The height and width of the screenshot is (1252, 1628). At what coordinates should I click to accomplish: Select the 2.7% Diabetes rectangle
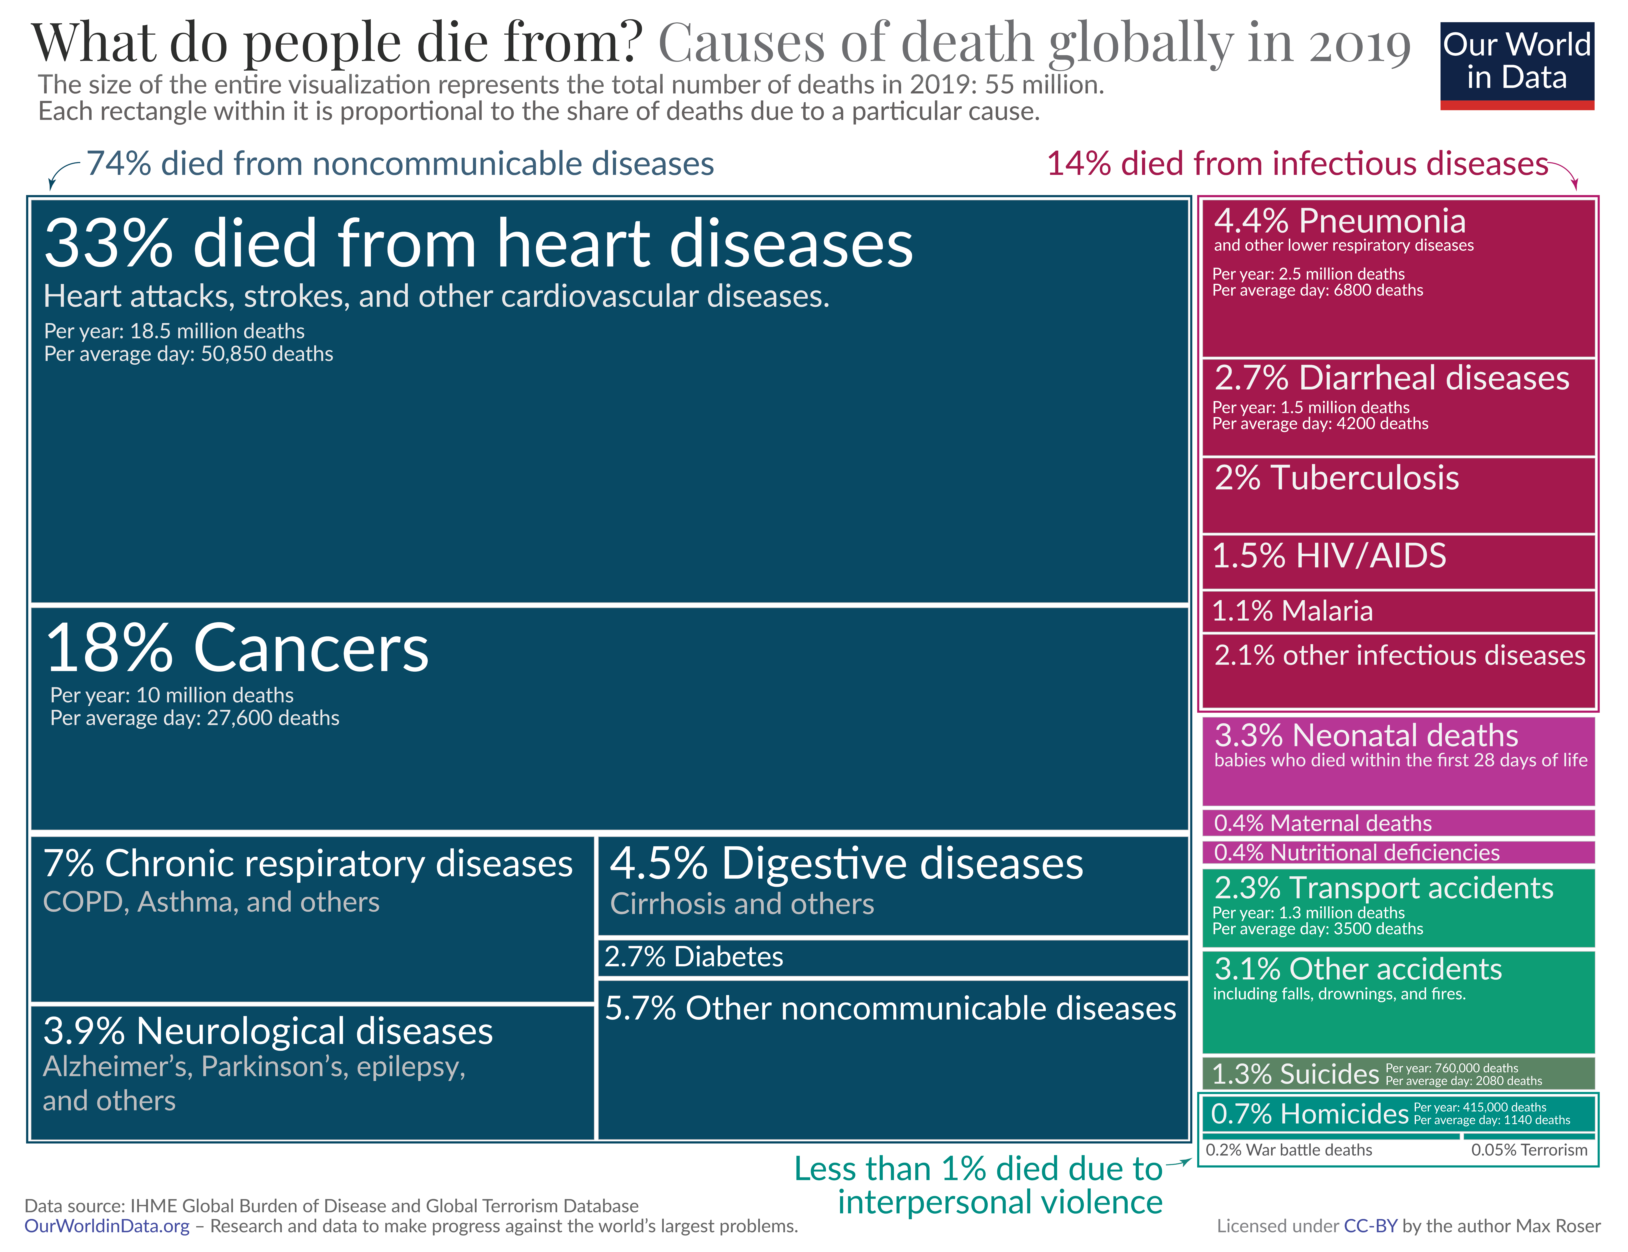(x=892, y=957)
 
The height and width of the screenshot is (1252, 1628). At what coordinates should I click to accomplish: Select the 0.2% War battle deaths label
(x=1288, y=1150)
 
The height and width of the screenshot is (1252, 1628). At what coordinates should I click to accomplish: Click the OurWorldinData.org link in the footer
(x=106, y=1226)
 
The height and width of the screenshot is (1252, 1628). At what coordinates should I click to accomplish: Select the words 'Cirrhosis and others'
(x=742, y=904)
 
